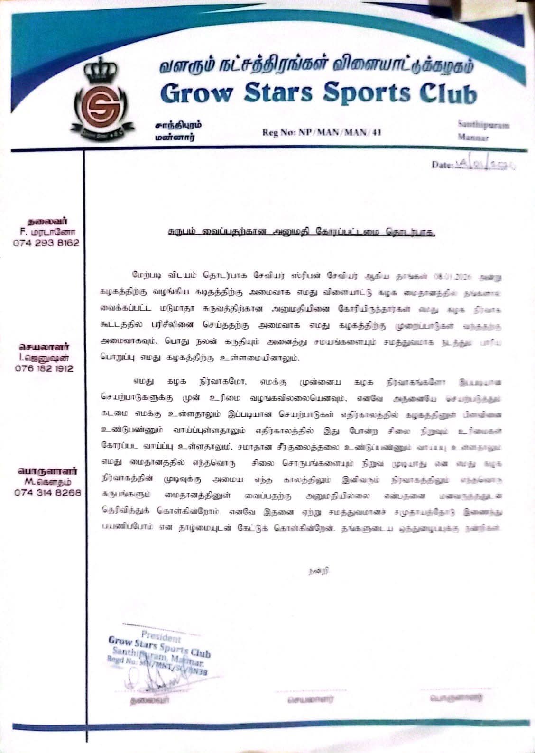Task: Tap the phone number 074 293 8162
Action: pyautogui.click(x=46, y=242)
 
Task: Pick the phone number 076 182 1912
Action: pyautogui.click(x=46, y=368)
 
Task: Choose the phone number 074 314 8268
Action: pyautogui.click(x=46, y=492)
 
